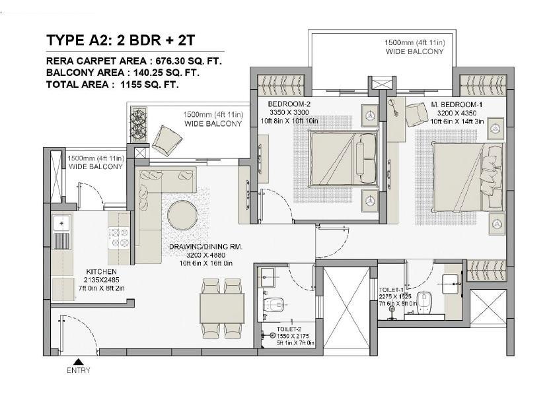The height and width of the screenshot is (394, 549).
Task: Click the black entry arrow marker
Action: [79, 362]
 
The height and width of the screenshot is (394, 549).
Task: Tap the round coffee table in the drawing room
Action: [183, 215]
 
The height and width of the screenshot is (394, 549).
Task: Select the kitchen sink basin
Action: [61, 223]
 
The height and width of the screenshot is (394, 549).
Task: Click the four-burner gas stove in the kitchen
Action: [118, 238]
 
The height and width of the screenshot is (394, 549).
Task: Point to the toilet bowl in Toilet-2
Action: [274, 304]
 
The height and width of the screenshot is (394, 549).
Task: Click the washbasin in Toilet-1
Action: [451, 283]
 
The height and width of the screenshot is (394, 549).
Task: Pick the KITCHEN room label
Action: [102, 271]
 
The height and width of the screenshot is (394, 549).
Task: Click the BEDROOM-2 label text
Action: [289, 104]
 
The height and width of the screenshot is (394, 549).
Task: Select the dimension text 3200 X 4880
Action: [205, 255]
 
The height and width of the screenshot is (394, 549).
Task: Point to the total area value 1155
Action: [131, 84]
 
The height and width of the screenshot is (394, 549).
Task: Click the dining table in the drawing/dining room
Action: [222, 308]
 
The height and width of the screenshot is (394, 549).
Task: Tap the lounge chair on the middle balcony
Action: [167, 141]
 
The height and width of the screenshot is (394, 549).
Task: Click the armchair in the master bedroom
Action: [417, 115]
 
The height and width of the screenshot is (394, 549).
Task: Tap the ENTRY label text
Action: [79, 370]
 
